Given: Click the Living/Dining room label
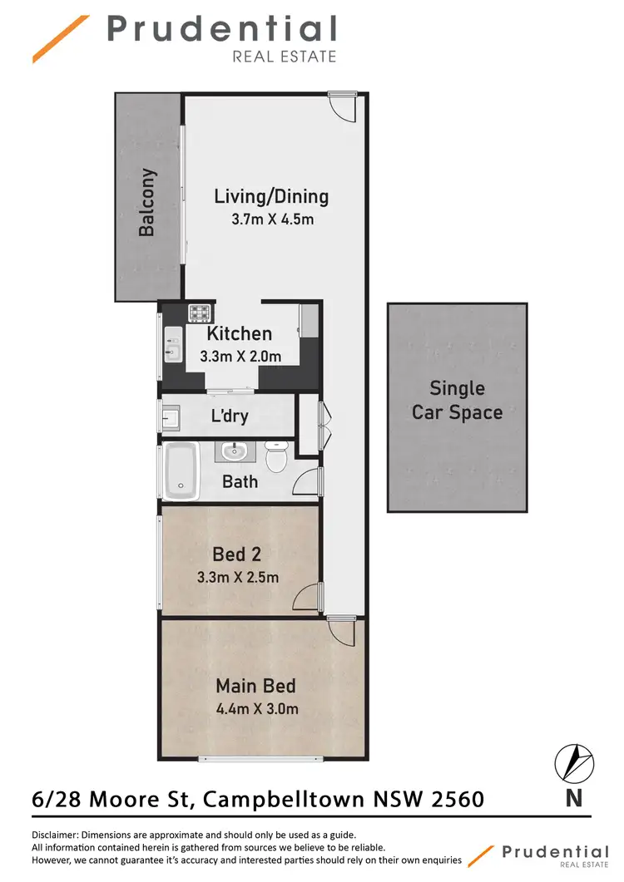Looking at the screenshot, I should (x=271, y=197).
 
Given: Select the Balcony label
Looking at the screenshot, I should (x=147, y=203).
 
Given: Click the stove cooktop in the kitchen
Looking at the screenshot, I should (x=201, y=313).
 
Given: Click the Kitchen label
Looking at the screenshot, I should (x=240, y=334).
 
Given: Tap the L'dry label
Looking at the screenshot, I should (x=230, y=416).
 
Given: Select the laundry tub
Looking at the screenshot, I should (x=171, y=416).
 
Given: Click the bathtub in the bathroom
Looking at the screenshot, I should (x=180, y=471).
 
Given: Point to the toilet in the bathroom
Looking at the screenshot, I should (x=276, y=456).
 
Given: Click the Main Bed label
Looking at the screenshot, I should (x=255, y=687).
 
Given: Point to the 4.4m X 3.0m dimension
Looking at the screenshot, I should (x=257, y=709).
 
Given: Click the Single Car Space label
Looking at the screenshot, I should (x=457, y=400).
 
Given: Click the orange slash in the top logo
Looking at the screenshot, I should (x=61, y=38).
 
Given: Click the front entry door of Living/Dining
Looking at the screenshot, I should (x=343, y=106).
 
